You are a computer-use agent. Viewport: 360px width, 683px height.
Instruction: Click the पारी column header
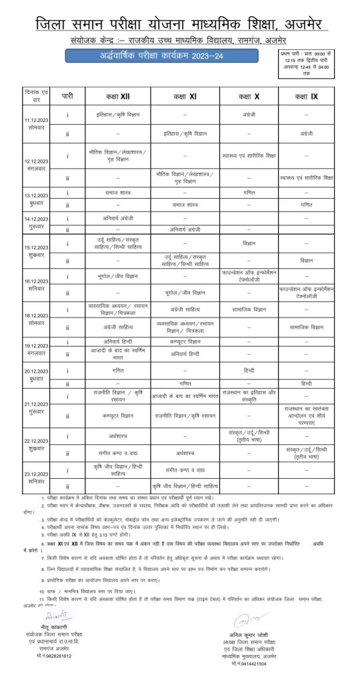tap(67, 97)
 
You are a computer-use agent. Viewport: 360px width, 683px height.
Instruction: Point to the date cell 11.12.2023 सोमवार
tap(35, 125)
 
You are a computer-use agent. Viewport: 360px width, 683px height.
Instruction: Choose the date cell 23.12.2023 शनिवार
tap(35, 476)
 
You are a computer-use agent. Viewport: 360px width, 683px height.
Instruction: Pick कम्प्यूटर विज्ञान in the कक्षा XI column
tap(185, 341)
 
